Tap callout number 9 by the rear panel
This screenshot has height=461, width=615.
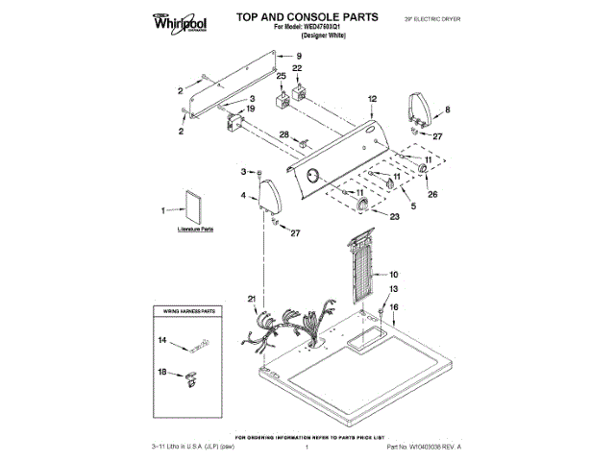tap(298, 58)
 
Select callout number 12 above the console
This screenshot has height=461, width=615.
tap(372, 99)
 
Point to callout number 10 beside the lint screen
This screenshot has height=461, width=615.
tap(393, 274)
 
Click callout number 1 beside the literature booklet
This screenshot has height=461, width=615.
tap(163, 207)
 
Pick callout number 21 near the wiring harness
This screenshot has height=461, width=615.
tap(252, 300)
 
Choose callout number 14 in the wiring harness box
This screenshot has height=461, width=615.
tap(162, 340)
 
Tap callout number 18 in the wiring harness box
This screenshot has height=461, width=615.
tap(162, 371)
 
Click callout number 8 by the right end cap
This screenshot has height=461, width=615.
tap(447, 109)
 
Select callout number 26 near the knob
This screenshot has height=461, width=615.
tap(431, 195)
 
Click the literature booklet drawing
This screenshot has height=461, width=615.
tap(194, 207)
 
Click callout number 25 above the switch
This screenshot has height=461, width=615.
tap(282, 76)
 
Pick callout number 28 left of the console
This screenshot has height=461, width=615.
tap(283, 134)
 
